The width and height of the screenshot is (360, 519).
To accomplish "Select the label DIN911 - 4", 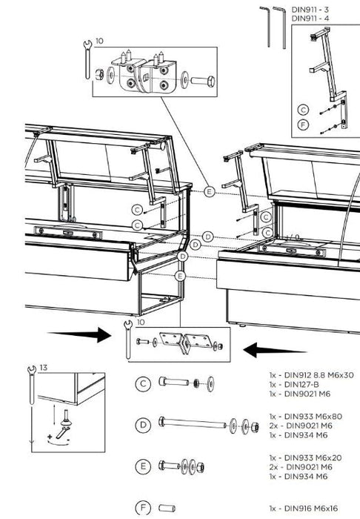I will [312, 18].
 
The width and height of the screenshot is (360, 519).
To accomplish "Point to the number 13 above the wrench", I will [43, 366].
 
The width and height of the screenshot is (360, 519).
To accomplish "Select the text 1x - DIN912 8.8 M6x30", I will [311, 375].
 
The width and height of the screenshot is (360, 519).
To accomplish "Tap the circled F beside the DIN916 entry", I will [144, 508].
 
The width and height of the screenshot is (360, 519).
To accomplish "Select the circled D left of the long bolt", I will [144, 425].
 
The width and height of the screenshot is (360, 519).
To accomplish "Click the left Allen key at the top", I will [265, 26].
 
